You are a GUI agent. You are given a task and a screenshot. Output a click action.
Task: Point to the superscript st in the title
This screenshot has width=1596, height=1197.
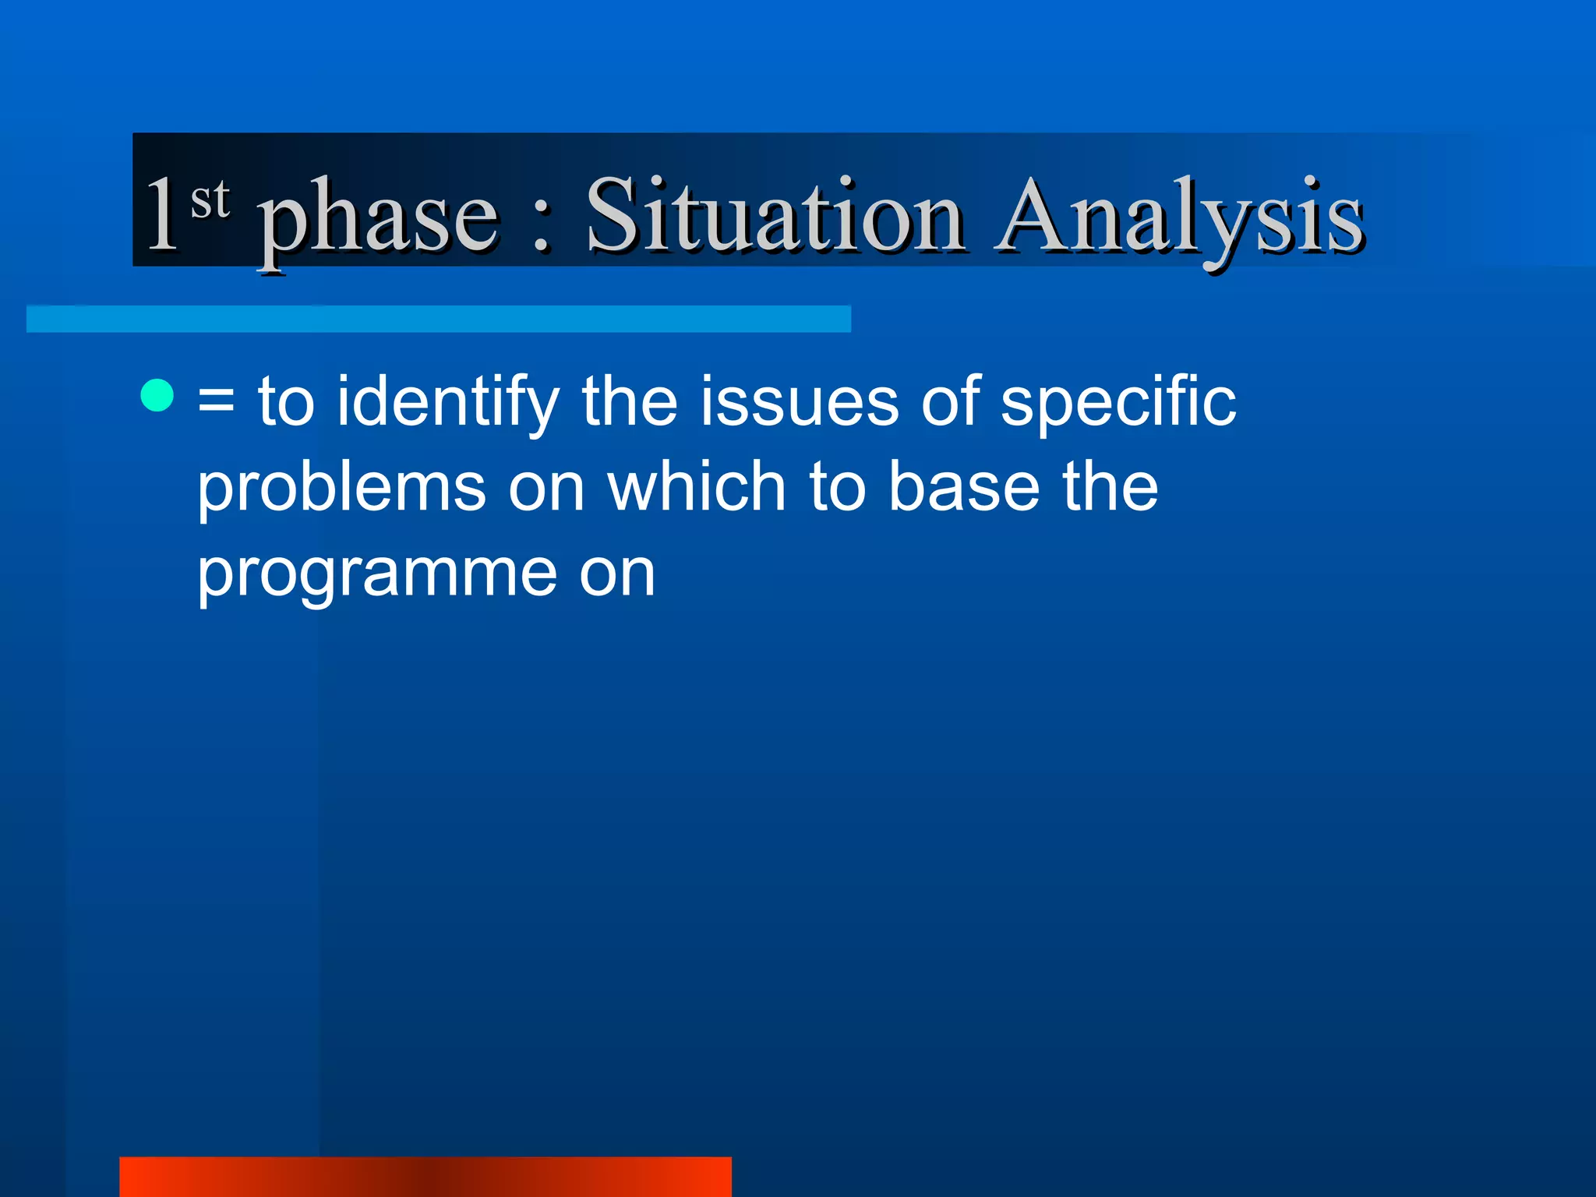click(210, 199)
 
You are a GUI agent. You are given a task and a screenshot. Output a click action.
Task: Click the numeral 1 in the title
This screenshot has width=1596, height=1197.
click(163, 214)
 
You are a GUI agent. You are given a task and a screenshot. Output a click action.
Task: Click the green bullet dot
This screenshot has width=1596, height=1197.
click(157, 395)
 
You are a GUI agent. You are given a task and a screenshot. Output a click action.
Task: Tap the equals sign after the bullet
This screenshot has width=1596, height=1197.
click(216, 403)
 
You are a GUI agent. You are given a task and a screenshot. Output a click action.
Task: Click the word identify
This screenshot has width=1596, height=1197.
click(447, 403)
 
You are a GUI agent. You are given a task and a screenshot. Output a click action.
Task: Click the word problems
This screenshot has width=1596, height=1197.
click(341, 489)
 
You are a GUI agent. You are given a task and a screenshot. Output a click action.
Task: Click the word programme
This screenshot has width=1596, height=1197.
click(376, 575)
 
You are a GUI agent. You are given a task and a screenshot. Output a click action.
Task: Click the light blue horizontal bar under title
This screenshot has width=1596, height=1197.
click(438, 319)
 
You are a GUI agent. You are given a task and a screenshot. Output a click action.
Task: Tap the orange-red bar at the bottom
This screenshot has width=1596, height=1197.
click(425, 1177)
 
